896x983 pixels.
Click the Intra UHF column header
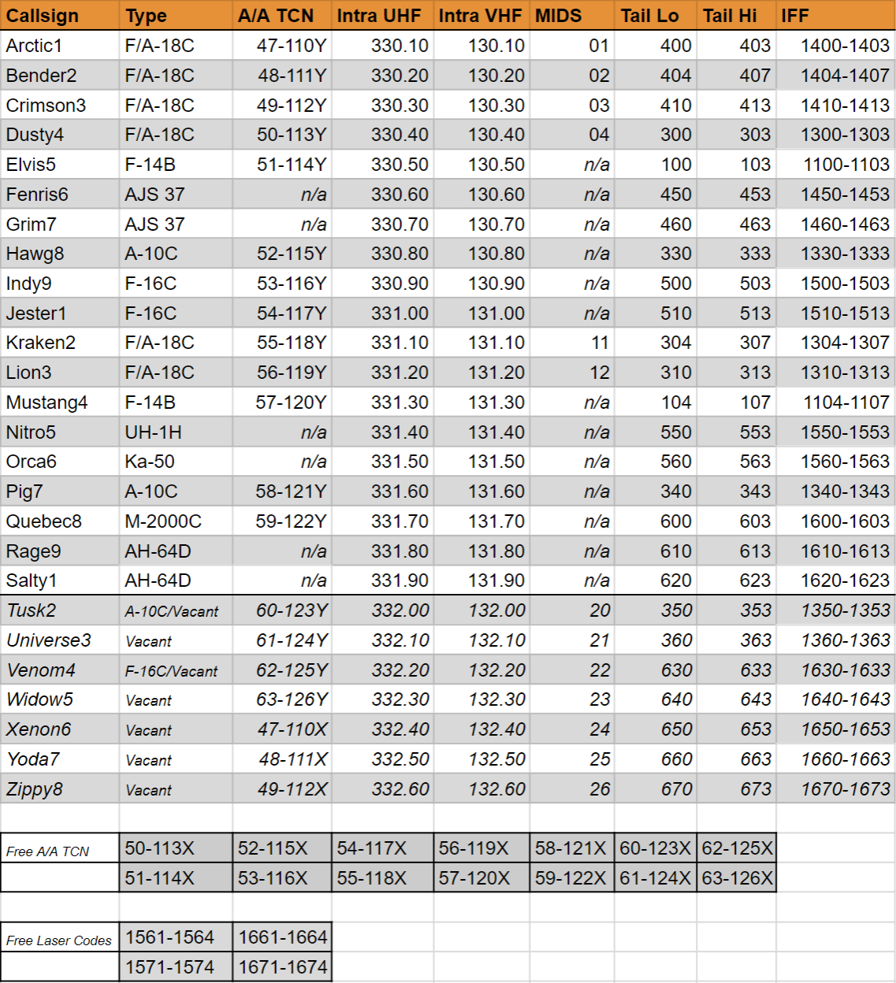pos(379,16)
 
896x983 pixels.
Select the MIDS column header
pos(559,16)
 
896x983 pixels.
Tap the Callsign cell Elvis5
pos(32,165)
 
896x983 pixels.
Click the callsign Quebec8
pos(44,521)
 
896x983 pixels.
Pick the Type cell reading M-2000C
pos(163,521)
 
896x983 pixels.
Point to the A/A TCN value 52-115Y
pos(291,254)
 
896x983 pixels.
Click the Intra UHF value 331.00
pos(400,313)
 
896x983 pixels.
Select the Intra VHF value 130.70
pos(496,224)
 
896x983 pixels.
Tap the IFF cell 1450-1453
pos(845,195)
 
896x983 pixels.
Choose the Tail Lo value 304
pos(675,343)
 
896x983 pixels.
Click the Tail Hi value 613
pos(755,551)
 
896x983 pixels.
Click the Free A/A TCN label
pos(48,851)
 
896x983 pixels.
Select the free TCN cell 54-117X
pos(372,848)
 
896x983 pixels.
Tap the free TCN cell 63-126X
pos(738,878)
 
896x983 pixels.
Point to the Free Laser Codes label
pos(59,940)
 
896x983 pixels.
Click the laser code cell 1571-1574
pos(169,967)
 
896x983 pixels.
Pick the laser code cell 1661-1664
pos(283,937)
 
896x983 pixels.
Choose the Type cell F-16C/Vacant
pos(172,671)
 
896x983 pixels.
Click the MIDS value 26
pos(600,789)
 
